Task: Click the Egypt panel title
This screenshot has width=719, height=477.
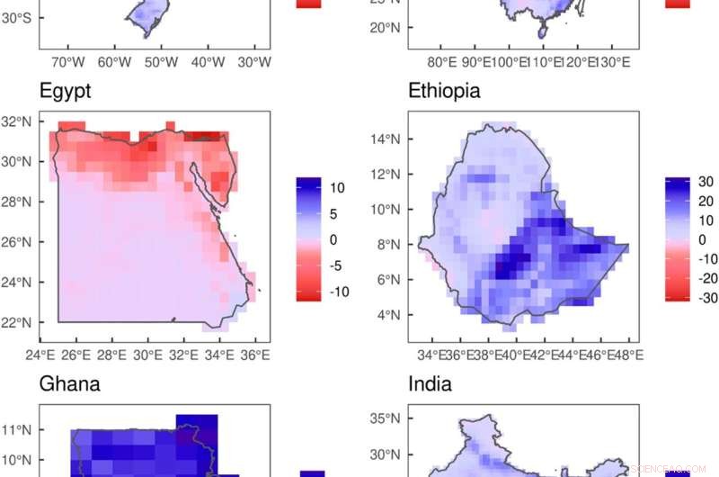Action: tap(65, 91)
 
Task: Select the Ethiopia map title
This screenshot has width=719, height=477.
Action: tap(444, 91)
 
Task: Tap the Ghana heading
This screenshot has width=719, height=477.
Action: tap(69, 385)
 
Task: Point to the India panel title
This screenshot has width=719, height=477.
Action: tap(430, 385)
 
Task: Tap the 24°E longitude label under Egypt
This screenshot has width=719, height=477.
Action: tap(40, 355)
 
